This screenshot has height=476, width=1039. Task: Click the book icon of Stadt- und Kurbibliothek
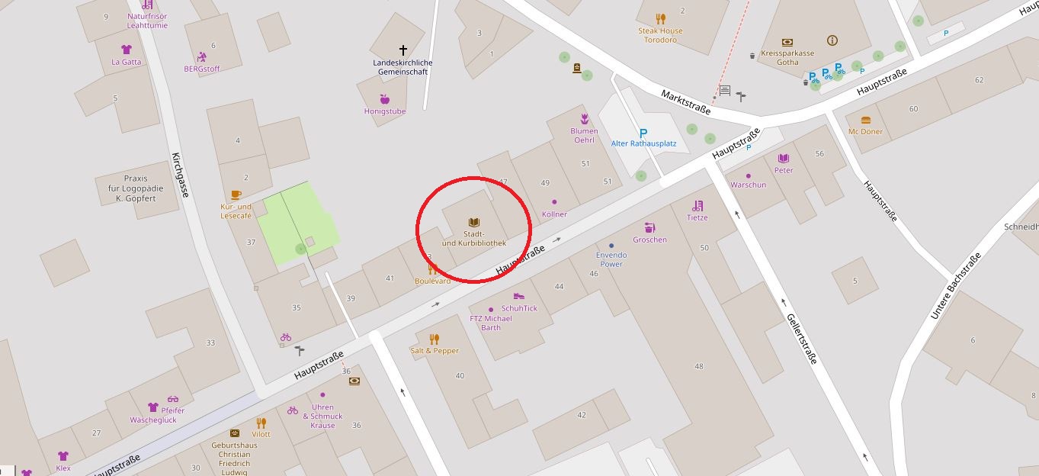point(473,222)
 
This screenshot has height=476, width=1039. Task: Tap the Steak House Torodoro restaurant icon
point(661,19)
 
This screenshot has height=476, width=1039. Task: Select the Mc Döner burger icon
point(865,120)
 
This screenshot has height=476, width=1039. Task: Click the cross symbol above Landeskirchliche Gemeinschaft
point(403,51)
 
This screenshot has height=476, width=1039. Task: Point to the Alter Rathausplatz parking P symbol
point(643,132)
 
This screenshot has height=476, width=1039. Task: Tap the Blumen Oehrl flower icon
point(584,118)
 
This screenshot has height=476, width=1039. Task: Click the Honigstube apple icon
point(384,99)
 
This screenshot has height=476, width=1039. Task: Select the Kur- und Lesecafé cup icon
point(236,195)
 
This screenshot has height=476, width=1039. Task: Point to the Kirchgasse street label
point(180,175)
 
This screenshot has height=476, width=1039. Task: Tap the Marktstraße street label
point(685,101)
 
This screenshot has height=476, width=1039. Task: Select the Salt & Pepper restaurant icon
point(435,339)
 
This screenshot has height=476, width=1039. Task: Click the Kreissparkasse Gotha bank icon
point(787,43)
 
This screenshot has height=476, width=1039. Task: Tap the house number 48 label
point(699,367)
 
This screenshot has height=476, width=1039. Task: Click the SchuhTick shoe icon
point(518,297)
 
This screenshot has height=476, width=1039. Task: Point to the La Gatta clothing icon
point(127,50)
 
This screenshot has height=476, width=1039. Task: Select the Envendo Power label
point(611,259)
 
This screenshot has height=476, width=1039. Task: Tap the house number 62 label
point(979,80)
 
